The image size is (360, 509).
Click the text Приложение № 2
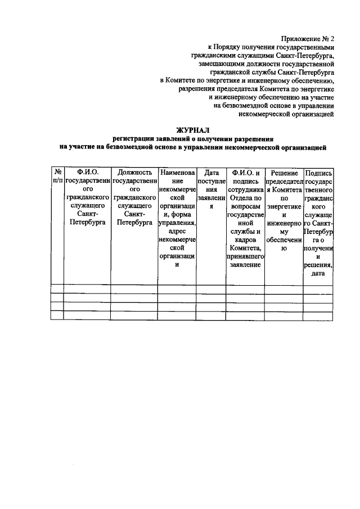[308, 39]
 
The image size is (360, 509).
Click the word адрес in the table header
[177, 231]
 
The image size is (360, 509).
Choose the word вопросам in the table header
[244, 206]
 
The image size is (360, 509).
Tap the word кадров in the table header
[244, 240]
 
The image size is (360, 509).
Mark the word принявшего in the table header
[244, 256]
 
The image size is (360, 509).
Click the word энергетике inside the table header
[283, 206]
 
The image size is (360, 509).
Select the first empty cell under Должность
[134, 289]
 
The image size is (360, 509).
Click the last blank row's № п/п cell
[57, 316]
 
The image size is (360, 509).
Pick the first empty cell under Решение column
[283, 289]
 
